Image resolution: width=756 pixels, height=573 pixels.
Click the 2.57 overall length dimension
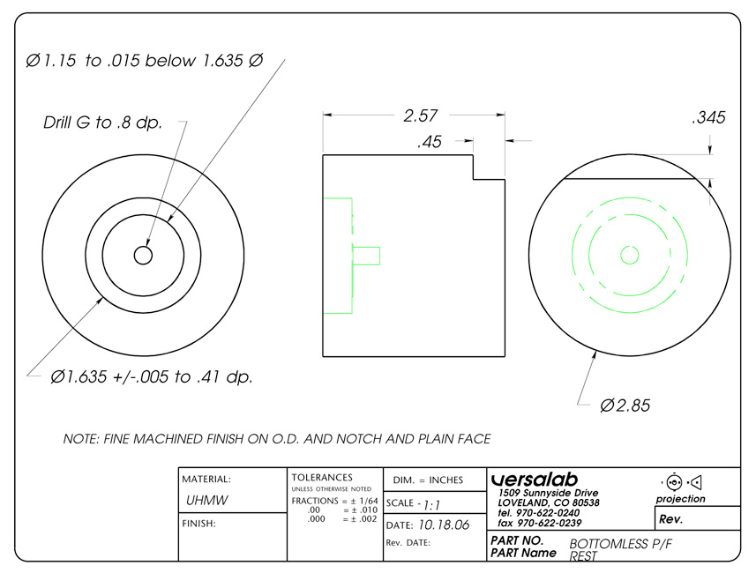[421, 115]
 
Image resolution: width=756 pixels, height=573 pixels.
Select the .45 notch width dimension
[430, 142]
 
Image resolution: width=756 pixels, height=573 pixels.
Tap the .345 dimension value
[708, 117]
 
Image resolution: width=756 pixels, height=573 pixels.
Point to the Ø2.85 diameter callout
[625, 406]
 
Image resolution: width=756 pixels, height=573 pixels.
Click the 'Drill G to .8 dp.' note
[102, 123]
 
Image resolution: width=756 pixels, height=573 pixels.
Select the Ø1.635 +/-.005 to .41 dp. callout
[152, 376]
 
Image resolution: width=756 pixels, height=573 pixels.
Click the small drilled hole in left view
[143, 256]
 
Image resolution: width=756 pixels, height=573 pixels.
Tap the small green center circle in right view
[629, 255]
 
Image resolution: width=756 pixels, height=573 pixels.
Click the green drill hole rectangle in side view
[366, 256]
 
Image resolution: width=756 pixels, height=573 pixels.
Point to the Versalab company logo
[535, 480]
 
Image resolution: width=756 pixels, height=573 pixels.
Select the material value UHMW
[206, 500]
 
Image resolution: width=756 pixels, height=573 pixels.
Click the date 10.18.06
[444, 525]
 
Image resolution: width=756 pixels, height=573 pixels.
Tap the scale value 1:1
[431, 505]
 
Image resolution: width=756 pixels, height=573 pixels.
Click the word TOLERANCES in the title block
[322, 478]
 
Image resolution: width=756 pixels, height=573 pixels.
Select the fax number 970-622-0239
[550, 523]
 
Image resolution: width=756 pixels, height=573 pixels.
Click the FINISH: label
[198, 524]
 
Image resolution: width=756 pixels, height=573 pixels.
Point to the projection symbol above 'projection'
[681, 482]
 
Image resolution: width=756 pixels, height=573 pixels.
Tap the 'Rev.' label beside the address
[670, 519]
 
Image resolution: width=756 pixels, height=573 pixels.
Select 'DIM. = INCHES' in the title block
[428, 480]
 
